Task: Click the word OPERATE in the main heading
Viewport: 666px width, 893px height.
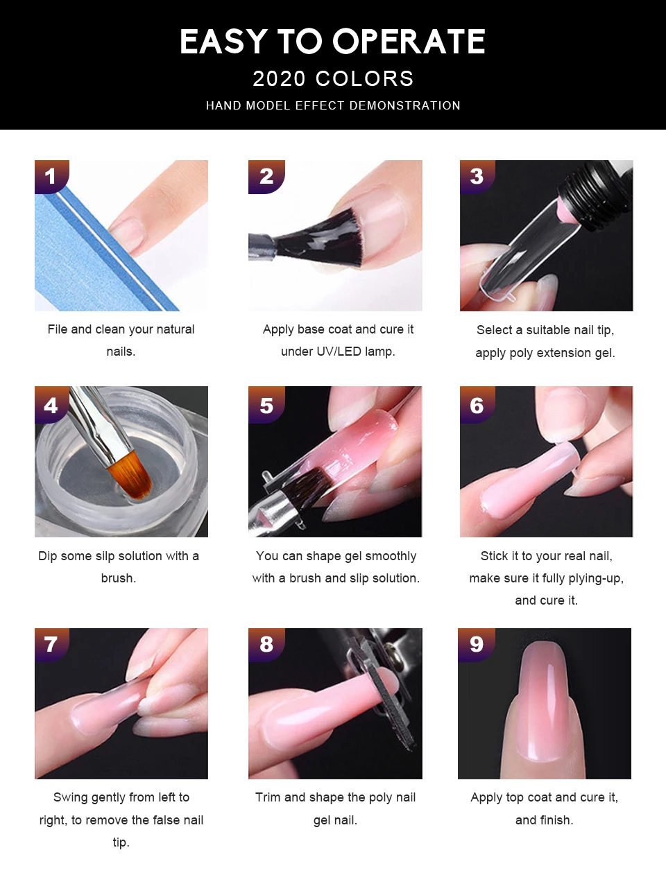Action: point(409,41)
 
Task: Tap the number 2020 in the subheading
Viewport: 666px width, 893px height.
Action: point(279,78)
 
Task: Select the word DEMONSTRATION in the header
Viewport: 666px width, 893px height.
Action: point(404,106)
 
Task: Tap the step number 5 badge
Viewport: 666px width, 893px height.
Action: point(266,404)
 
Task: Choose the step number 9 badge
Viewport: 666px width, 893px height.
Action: point(477,644)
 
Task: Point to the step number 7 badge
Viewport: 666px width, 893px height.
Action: point(52,644)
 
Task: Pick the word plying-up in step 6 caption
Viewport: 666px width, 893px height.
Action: point(595,578)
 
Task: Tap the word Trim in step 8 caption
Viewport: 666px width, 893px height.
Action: point(268,797)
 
